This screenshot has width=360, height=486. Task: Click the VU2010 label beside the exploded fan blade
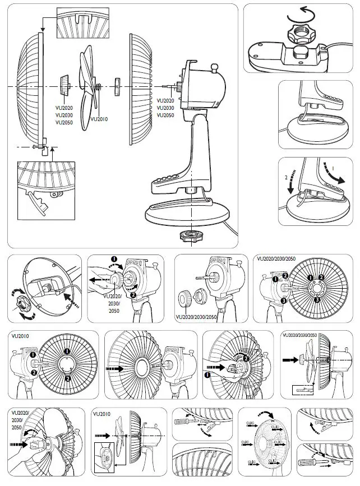(99, 119)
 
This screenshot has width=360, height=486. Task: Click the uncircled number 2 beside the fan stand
(287, 179)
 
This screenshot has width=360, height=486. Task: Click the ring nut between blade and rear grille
(118, 86)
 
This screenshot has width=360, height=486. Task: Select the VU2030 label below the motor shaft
(165, 108)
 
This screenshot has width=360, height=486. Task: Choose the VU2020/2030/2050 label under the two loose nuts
(196, 316)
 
